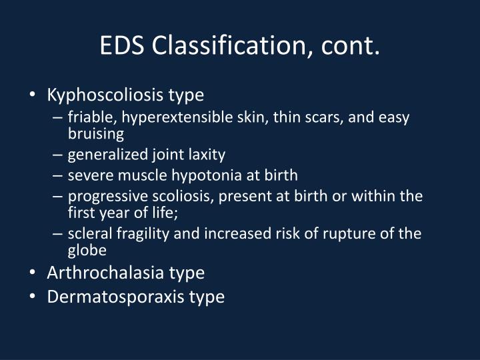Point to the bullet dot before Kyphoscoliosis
pos(33,95)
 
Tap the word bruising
pos(96,134)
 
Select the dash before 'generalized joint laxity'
pos(58,155)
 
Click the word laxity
pos(207,155)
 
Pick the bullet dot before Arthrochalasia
pos(33,273)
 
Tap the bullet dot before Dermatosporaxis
pos(33,297)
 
